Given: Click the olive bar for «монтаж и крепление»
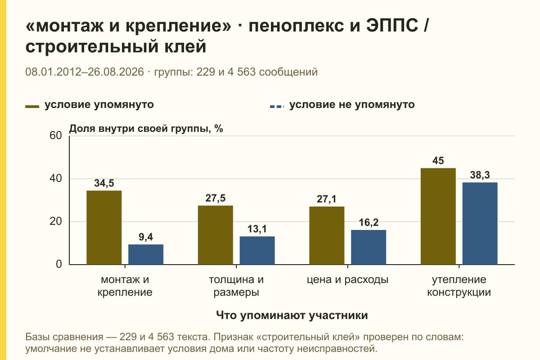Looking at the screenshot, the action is [x=104, y=227].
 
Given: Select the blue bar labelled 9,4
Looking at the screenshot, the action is [x=146, y=254].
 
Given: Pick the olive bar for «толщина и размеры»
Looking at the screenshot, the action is [x=215, y=235].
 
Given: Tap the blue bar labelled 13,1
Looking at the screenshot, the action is [x=257, y=250].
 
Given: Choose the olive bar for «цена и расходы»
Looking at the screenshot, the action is [x=327, y=235].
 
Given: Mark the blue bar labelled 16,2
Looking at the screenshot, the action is [x=369, y=247].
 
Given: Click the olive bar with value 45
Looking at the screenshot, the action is [x=438, y=216].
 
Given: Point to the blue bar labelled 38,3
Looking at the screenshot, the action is [x=480, y=223].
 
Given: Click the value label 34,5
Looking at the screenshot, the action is [x=104, y=183].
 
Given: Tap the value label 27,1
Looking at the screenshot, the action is [x=326, y=199].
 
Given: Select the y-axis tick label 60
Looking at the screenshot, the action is [x=56, y=135].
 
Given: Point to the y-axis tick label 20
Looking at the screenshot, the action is [x=56, y=221].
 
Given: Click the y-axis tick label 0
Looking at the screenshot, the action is [x=59, y=264].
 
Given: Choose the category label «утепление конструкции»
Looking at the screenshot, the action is [x=459, y=286].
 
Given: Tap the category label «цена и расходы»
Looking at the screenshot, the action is [x=347, y=280].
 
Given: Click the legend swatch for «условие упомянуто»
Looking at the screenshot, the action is [x=32, y=107].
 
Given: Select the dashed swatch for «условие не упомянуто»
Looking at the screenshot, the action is [x=277, y=107].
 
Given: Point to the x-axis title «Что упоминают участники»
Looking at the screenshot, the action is [x=292, y=315].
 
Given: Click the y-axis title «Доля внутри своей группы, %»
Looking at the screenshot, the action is [x=146, y=129].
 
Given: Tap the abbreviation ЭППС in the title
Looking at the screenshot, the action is [x=392, y=26].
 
